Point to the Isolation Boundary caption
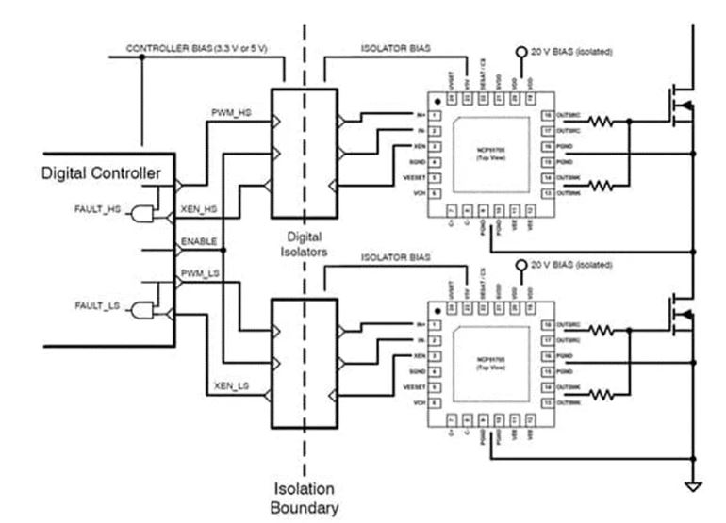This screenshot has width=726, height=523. point(304,497)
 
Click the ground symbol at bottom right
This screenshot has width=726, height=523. point(694,485)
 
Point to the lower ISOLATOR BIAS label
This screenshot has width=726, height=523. point(396,257)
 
